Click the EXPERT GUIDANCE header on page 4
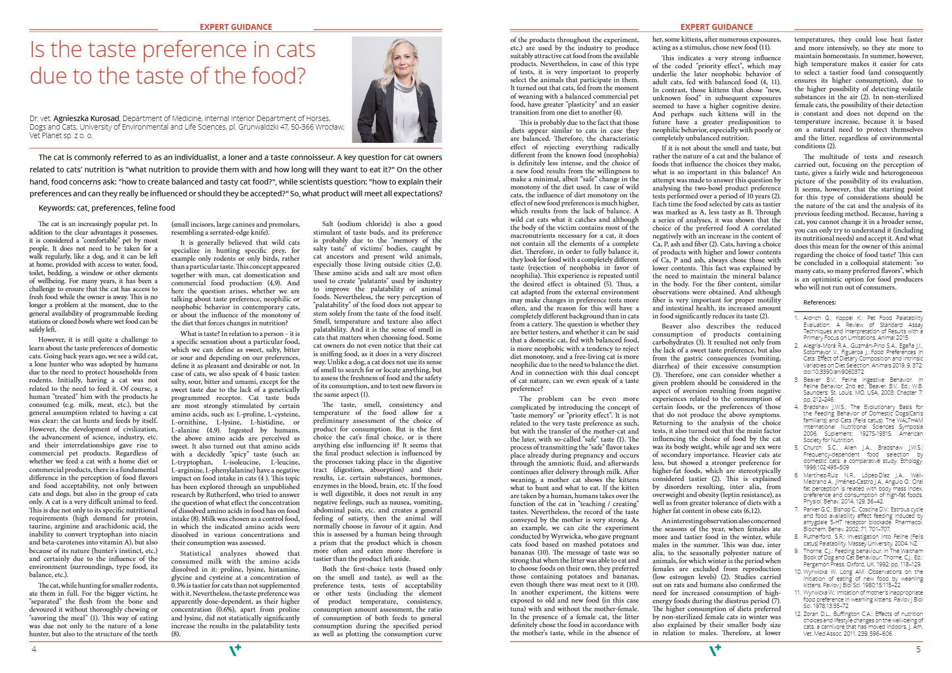(236, 27)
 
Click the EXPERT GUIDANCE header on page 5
(716, 27)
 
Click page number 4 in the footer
(34, 649)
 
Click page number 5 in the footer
(918, 649)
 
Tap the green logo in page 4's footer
(235, 650)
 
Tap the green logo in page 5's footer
(715, 650)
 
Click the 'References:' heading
(820, 302)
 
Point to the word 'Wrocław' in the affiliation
(330, 127)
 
